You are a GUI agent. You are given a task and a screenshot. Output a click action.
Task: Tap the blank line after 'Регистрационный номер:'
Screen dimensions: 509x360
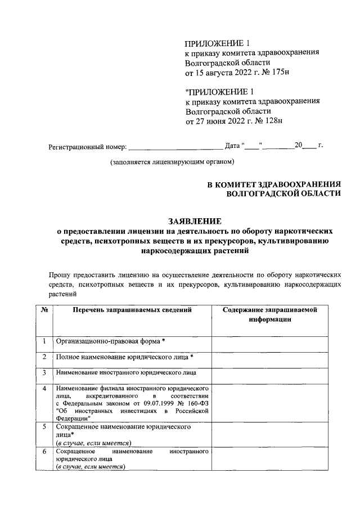[175, 147]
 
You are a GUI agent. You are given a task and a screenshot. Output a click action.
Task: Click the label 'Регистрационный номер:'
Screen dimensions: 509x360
[88, 147]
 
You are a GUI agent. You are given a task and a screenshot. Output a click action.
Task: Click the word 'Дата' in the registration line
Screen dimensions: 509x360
[232, 146]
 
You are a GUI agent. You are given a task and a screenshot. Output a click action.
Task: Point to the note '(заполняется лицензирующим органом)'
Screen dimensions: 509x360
[172, 163]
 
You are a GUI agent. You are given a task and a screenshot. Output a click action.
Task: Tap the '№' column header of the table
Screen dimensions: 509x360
[44, 310]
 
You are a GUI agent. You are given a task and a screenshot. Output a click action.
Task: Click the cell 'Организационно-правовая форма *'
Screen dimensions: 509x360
[110, 341]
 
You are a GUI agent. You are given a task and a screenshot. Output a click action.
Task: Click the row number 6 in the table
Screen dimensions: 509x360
[44, 452]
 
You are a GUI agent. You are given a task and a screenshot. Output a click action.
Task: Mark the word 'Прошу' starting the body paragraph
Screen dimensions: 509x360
[60, 275]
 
